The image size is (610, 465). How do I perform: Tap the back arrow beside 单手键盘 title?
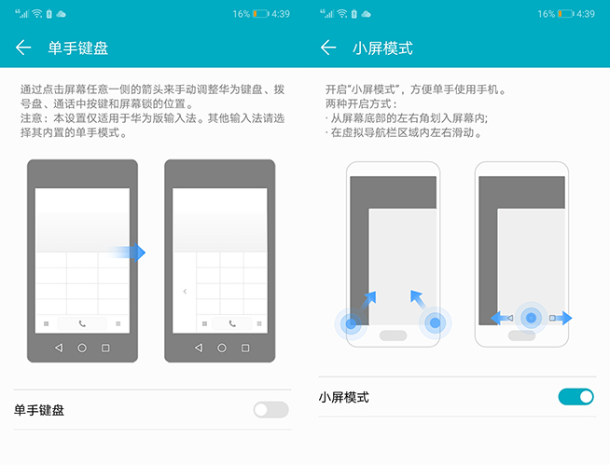[x=23, y=48]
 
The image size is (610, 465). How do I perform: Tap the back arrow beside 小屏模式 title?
[x=328, y=48]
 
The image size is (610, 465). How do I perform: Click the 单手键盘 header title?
[x=77, y=48]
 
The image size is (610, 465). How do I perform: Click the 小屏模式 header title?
[x=382, y=48]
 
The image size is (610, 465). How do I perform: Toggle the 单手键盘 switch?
[x=270, y=410]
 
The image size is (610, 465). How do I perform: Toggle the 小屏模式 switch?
[x=575, y=397]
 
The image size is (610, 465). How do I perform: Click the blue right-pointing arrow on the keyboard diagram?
[x=125, y=253]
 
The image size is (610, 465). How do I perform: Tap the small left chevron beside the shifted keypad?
[x=185, y=292]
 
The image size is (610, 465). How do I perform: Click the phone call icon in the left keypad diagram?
[x=82, y=323]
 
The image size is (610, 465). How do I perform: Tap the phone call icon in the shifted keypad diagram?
[x=232, y=323]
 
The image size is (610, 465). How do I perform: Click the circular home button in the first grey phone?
[x=82, y=348]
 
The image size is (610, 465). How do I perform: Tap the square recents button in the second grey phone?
[x=245, y=348]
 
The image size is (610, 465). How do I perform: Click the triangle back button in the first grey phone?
[x=59, y=348]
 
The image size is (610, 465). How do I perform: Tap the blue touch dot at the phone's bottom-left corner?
[x=351, y=323]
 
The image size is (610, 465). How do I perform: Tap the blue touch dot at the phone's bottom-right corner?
[x=435, y=322]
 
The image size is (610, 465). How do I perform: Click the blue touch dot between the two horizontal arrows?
[x=531, y=318]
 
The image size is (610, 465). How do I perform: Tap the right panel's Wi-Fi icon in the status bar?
[x=342, y=14]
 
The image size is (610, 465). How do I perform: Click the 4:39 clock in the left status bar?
[x=281, y=14]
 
